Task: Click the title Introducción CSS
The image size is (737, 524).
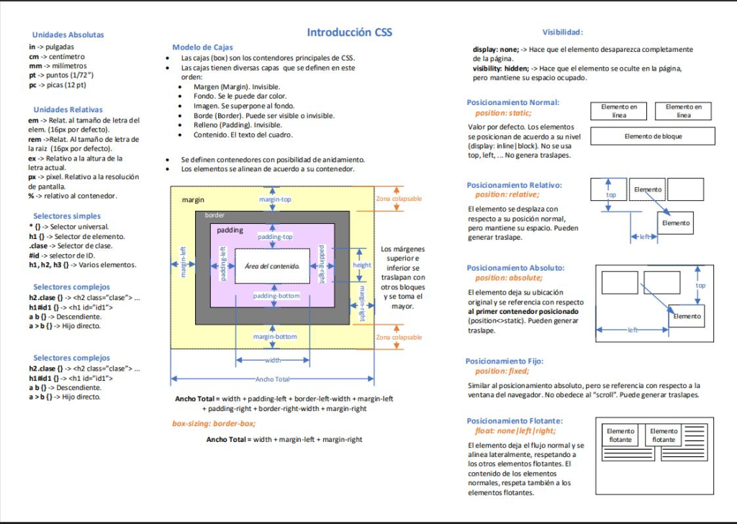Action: pos(349,32)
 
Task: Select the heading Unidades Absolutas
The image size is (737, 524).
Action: pos(68,35)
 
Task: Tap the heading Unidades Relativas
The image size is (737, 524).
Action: pos(67,109)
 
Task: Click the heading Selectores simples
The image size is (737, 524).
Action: pos(67,216)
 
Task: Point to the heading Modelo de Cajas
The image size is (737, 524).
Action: pos(202,47)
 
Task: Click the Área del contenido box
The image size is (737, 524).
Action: pos(272,266)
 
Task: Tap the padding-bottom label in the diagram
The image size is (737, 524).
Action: pos(276,296)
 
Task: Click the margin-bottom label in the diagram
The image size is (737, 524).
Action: pos(275,336)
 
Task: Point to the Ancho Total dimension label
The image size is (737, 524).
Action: pos(272,379)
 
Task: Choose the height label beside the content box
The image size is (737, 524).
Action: pos(362,265)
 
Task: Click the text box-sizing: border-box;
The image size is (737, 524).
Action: pos(214,423)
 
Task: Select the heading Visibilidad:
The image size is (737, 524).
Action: pos(562,32)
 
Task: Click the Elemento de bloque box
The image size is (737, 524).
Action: pos(653,136)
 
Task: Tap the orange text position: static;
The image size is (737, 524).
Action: pos(503,113)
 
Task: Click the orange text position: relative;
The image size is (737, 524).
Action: pos(507,194)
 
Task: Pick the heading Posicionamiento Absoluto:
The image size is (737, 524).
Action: pos(515,268)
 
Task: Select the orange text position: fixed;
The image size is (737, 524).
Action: pos(502,371)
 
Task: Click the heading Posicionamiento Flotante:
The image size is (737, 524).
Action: pos(515,421)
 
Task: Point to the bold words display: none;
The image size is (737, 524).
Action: pos(496,50)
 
